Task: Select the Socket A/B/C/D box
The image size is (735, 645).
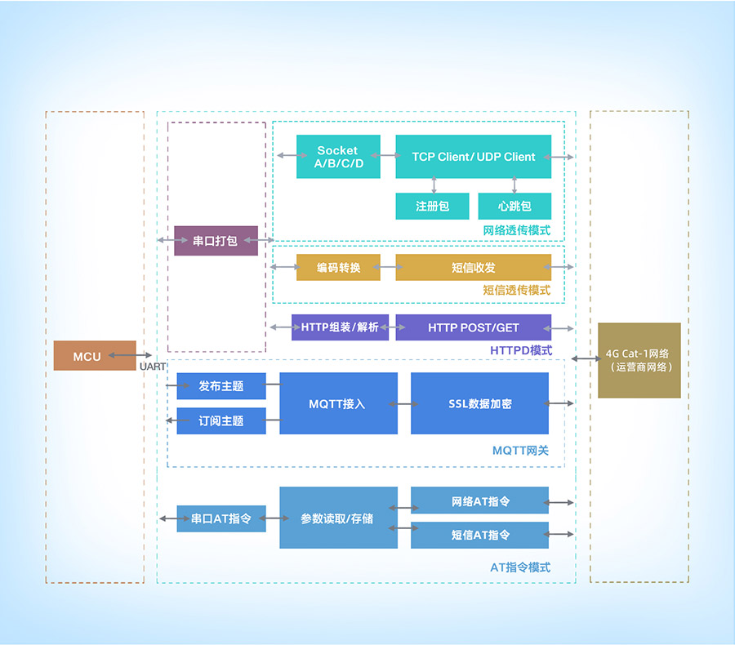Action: pyautogui.click(x=338, y=157)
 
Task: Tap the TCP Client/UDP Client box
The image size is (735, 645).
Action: pyautogui.click(x=473, y=157)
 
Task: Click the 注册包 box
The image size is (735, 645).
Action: pyautogui.click(x=432, y=206)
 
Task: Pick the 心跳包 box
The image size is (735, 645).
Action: pyautogui.click(x=514, y=206)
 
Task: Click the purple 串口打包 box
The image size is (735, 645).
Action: pyautogui.click(x=216, y=241)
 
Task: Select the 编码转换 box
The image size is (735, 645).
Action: pyautogui.click(x=338, y=268)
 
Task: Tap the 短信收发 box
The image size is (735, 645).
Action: pyautogui.click(x=473, y=268)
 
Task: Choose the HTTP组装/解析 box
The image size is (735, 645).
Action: pyautogui.click(x=340, y=327)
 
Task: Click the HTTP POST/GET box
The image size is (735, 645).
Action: pyautogui.click(x=473, y=327)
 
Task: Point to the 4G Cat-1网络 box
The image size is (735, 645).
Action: pyautogui.click(x=639, y=360)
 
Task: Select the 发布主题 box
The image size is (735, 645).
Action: pyautogui.click(x=221, y=386)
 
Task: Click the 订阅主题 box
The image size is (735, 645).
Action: pyautogui.click(x=221, y=420)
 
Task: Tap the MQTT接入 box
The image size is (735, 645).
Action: pyautogui.click(x=338, y=403)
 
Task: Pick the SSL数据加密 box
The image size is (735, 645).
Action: pyautogui.click(x=479, y=403)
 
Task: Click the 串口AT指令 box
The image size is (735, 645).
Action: pyautogui.click(x=221, y=518)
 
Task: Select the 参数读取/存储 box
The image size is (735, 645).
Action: pyautogui.click(x=338, y=518)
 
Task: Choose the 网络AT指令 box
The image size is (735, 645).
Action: pyautogui.click(x=479, y=500)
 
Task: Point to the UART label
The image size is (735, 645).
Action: pyautogui.click(x=153, y=367)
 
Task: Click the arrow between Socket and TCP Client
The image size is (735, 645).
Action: pyautogui.click(x=388, y=154)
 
